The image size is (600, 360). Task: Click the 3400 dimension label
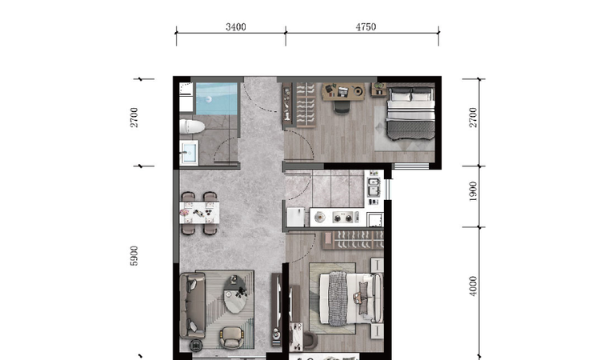pyautogui.click(x=235, y=26)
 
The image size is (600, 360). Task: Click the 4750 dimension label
pyautogui.click(x=366, y=26)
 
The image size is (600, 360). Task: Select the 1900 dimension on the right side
pyautogui.click(x=474, y=191)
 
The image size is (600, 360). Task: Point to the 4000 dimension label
pyautogui.click(x=474, y=286)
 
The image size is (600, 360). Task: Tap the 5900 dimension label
pyautogui.click(x=134, y=255)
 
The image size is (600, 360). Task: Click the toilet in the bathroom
pyautogui.click(x=192, y=126)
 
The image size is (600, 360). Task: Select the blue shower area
pyautogui.click(x=216, y=98)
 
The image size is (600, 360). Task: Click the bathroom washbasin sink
pyautogui.click(x=189, y=153)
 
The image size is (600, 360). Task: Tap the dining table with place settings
pyautogui.click(x=199, y=213)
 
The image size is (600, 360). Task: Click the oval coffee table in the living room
pyautogui.click(x=235, y=294)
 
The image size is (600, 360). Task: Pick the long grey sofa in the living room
pyautogui.click(x=193, y=306)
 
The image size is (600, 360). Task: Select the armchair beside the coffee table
pyautogui.click(x=232, y=338)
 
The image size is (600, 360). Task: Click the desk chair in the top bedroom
pyautogui.click(x=342, y=107)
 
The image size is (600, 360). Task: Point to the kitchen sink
pyautogui.click(x=374, y=187)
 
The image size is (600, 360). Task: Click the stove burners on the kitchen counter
pyautogui.click(x=343, y=218)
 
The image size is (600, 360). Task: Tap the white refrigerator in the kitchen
pyautogui.click(x=295, y=217)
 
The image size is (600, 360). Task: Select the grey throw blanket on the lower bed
pyautogui.click(x=337, y=298)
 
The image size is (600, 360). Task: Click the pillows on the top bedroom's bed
pyautogui.click(x=411, y=94)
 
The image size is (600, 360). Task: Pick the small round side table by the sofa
pyautogui.click(x=196, y=346)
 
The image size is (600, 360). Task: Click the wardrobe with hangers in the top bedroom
pyautogui.click(x=306, y=106)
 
